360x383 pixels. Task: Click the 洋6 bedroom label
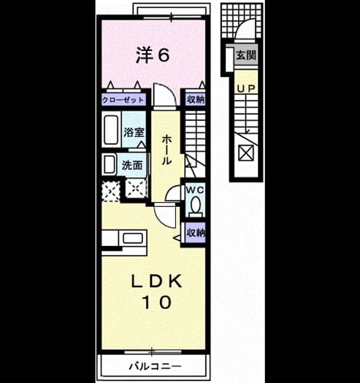(x=152, y=55)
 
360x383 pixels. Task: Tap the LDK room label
(x=157, y=281)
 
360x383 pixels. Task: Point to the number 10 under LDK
(x=157, y=302)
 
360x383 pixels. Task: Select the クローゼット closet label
(x=123, y=100)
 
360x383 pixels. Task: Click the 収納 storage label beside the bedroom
(x=196, y=100)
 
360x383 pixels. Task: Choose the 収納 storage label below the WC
(x=196, y=233)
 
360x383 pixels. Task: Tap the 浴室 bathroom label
(x=134, y=132)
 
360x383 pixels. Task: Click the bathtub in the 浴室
(x=111, y=130)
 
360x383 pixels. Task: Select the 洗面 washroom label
(x=132, y=165)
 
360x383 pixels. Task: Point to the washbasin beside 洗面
(x=109, y=164)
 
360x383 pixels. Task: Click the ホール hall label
(x=167, y=150)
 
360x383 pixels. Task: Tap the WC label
(x=195, y=190)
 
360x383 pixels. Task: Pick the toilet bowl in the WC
(x=196, y=205)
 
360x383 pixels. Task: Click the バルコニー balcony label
(x=155, y=366)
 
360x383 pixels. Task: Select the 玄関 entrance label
(x=246, y=54)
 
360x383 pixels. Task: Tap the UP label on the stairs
(x=246, y=89)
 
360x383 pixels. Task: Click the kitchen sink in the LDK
(x=133, y=238)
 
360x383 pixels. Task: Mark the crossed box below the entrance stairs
(x=246, y=153)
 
